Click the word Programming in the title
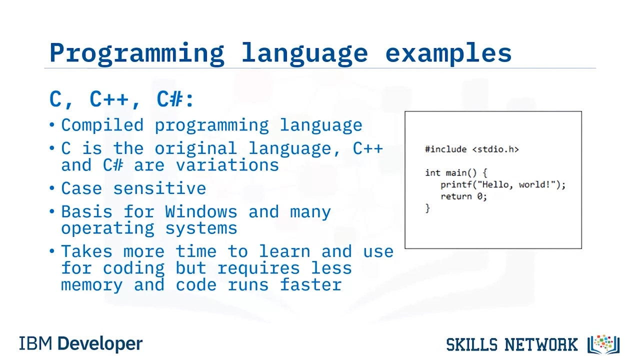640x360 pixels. (136, 54)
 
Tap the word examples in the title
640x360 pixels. (448, 54)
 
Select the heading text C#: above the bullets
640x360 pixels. (175, 99)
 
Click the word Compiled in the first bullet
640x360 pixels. (102, 125)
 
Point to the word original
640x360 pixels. (195, 148)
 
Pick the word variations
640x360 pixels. (227, 165)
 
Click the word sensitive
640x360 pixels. (159, 188)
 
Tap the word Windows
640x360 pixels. (201, 211)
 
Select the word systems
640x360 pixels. (201, 229)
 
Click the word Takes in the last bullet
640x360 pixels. (86, 251)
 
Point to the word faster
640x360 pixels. (310, 285)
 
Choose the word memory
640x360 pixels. (91, 285)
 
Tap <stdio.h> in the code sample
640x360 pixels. (495, 149)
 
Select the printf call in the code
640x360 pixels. (503, 184)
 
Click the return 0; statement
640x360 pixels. (463, 196)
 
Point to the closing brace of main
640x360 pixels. (427, 208)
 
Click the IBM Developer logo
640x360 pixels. (80, 343)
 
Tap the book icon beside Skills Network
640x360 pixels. (603, 344)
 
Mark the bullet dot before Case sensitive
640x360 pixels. (51, 188)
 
